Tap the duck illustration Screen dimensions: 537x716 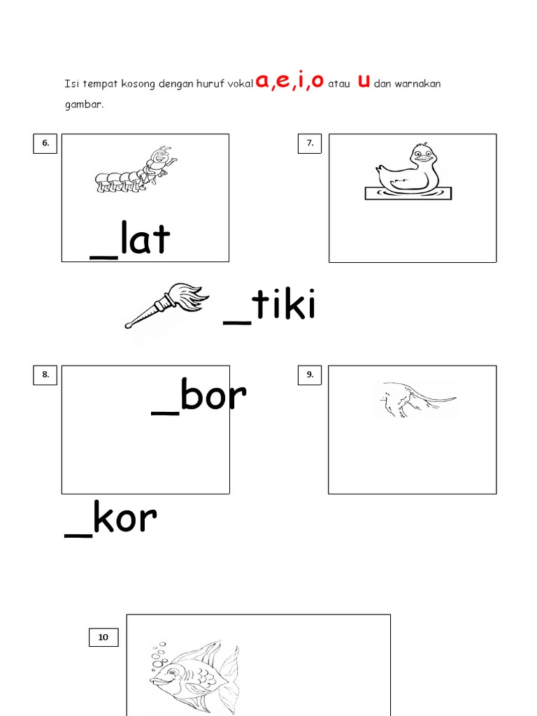pyautogui.click(x=408, y=171)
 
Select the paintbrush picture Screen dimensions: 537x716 pyautogui.click(x=166, y=305)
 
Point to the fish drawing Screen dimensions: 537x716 pyautogui.click(x=195, y=677)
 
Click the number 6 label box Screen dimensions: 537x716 pyautogui.click(x=45, y=143)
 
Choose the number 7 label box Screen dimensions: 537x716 pyautogui.click(x=310, y=143)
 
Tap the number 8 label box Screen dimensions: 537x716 pyautogui.click(x=45, y=375)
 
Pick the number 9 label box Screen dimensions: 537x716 pyautogui.click(x=310, y=375)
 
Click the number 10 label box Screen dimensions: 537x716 pyautogui.click(x=103, y=637)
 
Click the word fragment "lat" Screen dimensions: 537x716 pyautogui.click(x=145, y=238)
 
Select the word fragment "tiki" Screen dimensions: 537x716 pyautogui.click(x=284, y=303)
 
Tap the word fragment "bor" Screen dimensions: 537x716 pyautogui.click(x=213, y=394)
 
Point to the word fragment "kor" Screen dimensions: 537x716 pyautogui.click(x=125, y=517)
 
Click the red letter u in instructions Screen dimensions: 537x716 pyautogui.click(x=364, y=81)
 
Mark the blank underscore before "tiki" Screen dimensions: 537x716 pyautogui.click(x=237, y=322)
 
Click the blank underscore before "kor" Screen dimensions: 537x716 pyautogui.click(x=78, y=536)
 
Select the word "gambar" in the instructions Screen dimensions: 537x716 pyautogui.click(x=84, y=105)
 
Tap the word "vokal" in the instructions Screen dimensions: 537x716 pyautogui.click(x=241, y=84)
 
